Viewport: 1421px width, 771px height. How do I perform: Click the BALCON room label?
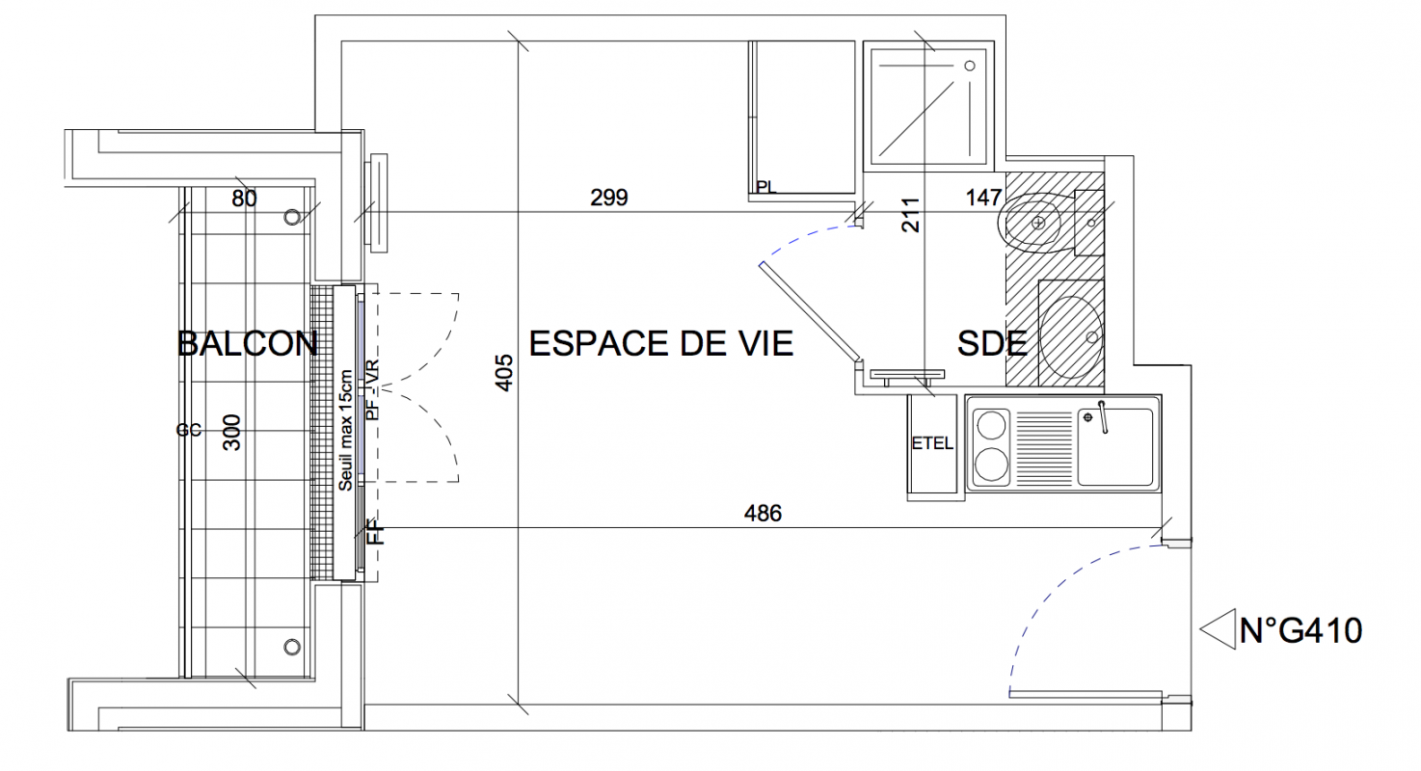(x=248, y=344)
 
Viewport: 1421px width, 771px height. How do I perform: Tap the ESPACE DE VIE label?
(x=661, y=344)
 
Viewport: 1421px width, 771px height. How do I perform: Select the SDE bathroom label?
(x=992, y=344)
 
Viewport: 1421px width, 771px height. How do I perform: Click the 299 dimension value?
(x=609, y=198)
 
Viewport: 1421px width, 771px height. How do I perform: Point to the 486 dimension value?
(x=763, y=513)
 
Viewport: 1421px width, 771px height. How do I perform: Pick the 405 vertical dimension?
(x=503, y=373)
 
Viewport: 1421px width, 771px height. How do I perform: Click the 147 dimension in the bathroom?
(x=984, y=198)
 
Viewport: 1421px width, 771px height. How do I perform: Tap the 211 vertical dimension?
(x=910, y=215)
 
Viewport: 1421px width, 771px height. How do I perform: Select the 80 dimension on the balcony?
(x=244, y=199)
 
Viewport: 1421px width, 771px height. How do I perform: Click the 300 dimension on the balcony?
(x=232, y=433)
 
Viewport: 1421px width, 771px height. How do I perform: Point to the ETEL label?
(x=932, y=443)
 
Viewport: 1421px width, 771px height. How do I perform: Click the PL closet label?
(x=766, y=187)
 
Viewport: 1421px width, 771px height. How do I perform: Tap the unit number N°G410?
(x=1300, y=631)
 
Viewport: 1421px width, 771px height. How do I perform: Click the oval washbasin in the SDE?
(x=1072, y=336)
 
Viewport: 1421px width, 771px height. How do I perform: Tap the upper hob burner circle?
(x=991, y=425)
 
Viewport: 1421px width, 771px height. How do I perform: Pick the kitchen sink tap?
(x=1103, y=417)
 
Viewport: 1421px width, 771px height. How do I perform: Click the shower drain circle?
(x=969, y=66)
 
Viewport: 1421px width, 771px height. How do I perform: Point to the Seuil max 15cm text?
(x=345, y=431)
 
